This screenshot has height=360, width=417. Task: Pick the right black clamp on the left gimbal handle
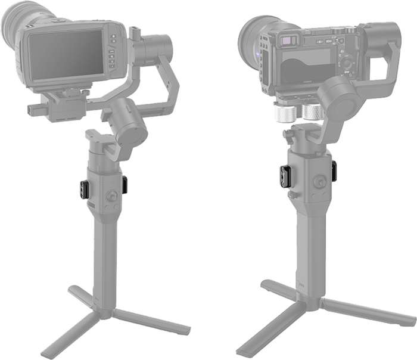coord(125,184)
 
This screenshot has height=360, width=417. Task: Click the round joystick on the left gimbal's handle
coord(110,195)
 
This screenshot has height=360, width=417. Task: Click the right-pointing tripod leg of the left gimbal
coord(152,322)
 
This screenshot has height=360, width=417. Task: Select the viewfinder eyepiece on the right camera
coord(288,41)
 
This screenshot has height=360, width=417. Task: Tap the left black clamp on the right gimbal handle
coord(285,176)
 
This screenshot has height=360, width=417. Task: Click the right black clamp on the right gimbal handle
coord(334,170)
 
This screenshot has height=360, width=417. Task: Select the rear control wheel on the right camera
coord(345,61)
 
